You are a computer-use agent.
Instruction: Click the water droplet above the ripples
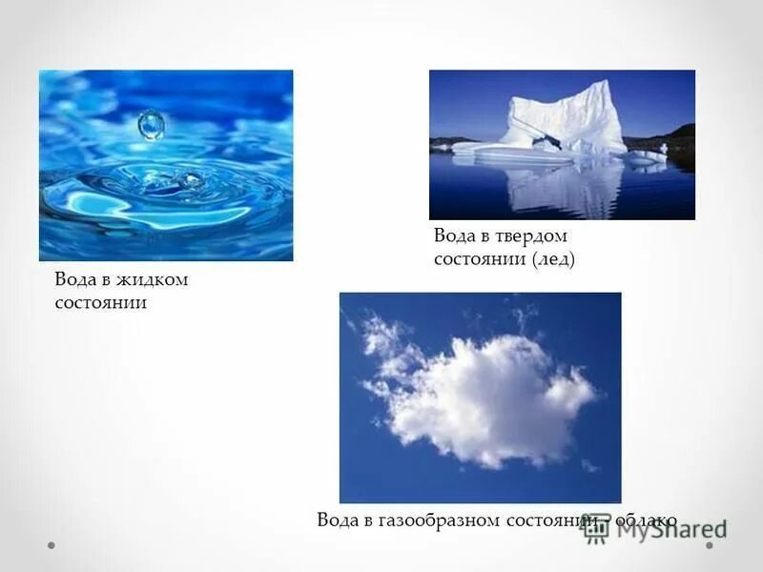pyautogui.click(x=151, y=124)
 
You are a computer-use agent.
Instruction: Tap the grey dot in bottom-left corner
pyautogui.click(x=52, y=546)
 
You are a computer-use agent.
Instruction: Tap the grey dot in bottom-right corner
pyautogui.click(x=710, y=546)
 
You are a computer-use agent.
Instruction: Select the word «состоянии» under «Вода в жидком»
pyautogui.click(x=100, y=303)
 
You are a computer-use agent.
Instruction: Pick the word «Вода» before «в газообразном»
pyautogui.click(x=338, y=521)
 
